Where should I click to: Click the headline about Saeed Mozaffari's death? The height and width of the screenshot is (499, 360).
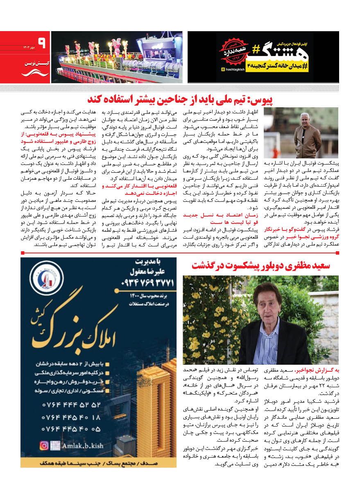click(x=261, y=265)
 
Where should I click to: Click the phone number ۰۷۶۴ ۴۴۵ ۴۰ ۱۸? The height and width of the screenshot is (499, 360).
click(x=71, y=418)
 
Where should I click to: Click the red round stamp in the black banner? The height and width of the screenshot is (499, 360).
click(x=232, y=52)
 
